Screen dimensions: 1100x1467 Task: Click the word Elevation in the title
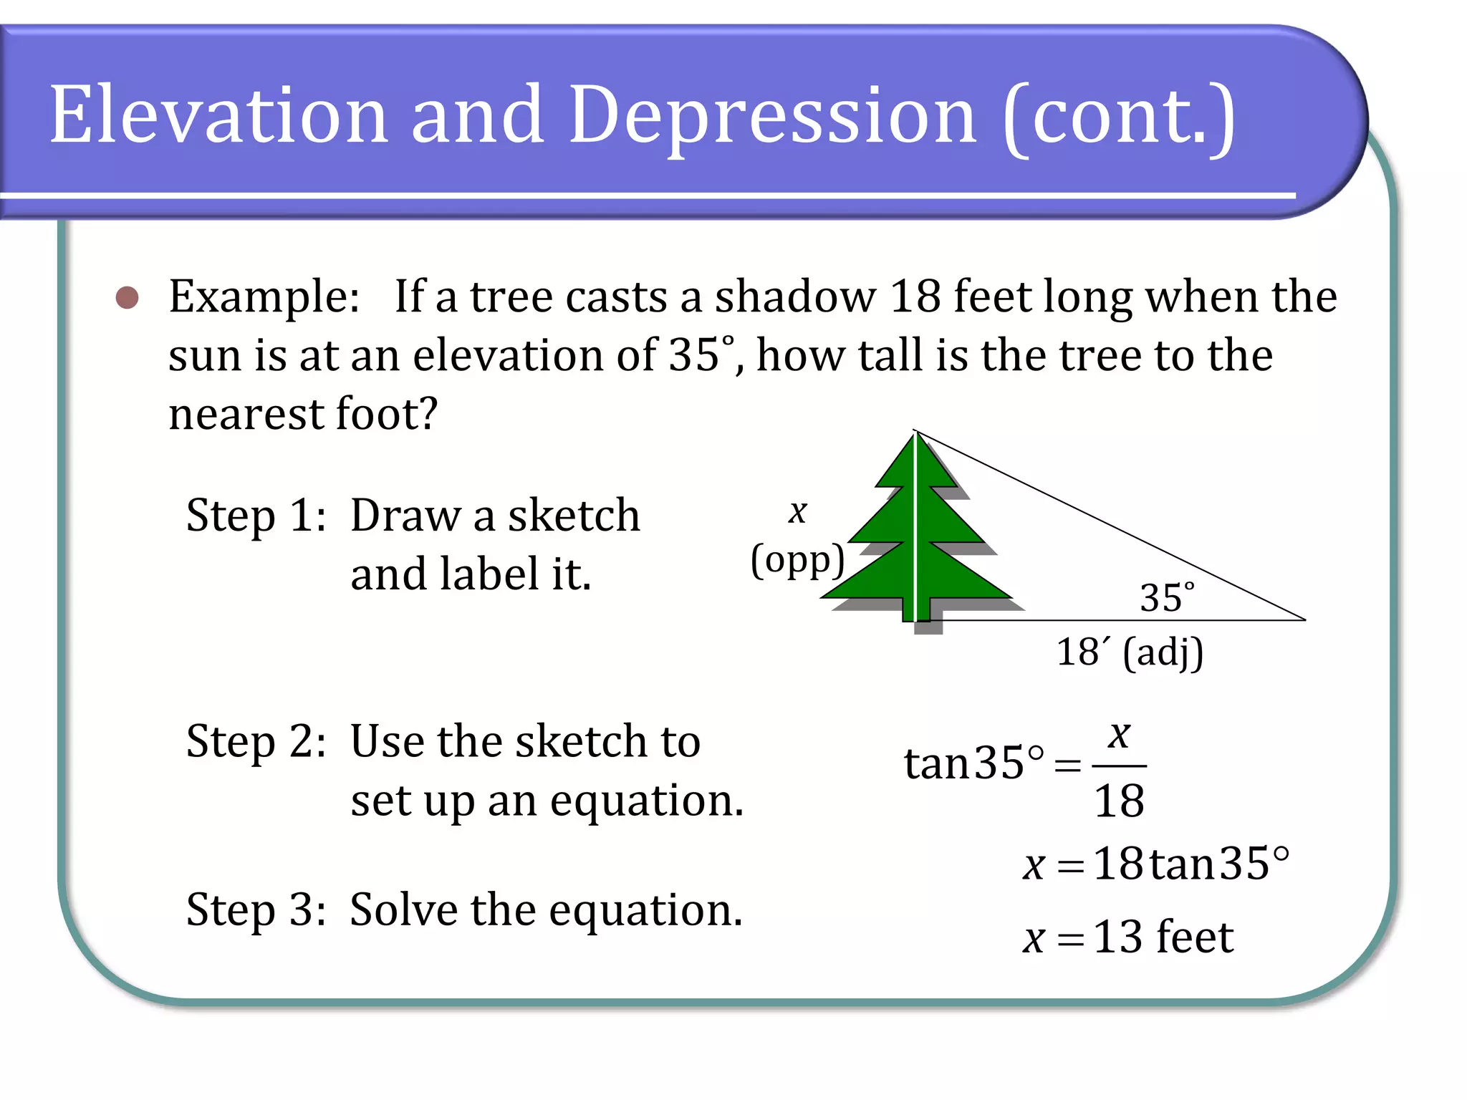[x=218, y=115]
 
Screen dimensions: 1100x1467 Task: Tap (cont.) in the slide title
[x=1120, y=118]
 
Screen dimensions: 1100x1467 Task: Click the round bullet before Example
[x=128, y=297]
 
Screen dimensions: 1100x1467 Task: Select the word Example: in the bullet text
[x=264, y=297]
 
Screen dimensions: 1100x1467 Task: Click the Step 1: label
[x=256, y=516]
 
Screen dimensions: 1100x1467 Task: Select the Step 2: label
[x=256, y=742]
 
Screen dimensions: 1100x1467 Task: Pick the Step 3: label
[x=256, y=911]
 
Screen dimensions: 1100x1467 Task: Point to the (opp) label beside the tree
[x=797, y=561]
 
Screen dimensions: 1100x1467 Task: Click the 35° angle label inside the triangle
[x=1167, y=598]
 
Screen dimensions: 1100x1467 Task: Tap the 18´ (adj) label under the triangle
[x=1130, y=653]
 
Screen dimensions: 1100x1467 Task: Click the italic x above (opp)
[x=797, y=511]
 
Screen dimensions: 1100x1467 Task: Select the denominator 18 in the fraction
[x=1119, y=801]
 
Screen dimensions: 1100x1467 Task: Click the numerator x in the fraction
[x=1119, y=735]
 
